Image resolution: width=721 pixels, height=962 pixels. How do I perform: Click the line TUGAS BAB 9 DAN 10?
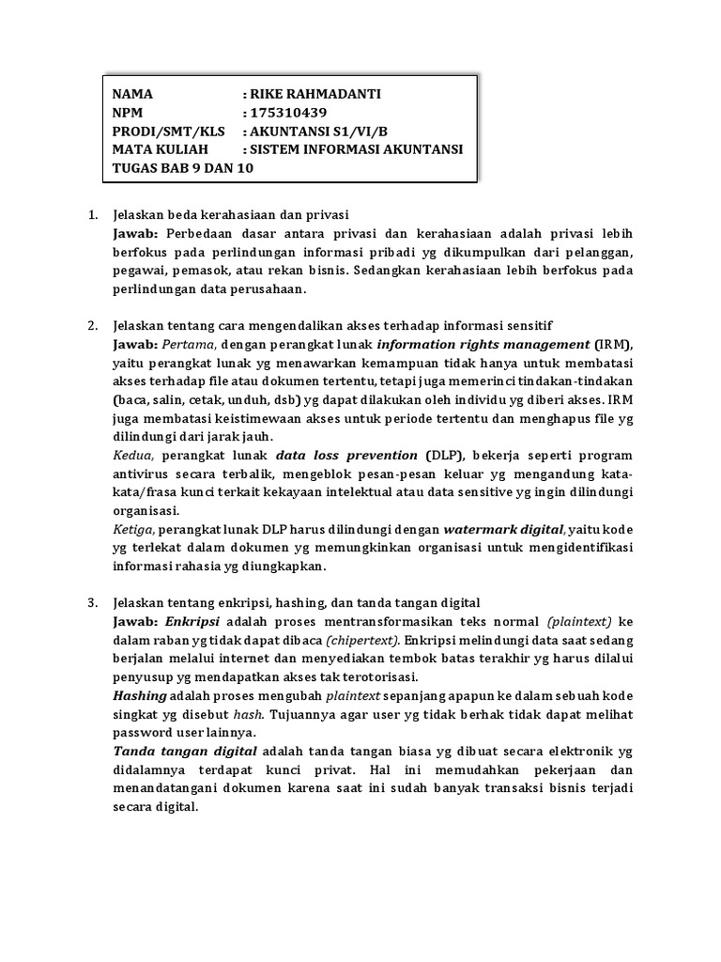click(x=182, y=167)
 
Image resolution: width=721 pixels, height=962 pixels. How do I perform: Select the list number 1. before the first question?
click(x=93, y=215)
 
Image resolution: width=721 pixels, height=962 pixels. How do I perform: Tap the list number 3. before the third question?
click(x=93, y=602)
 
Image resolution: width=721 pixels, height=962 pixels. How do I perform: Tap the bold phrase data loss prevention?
click(x=346, y=455)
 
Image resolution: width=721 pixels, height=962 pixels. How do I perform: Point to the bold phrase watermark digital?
click(x=503, y=529)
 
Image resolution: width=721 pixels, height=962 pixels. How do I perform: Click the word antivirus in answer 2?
click(x=144, y=473)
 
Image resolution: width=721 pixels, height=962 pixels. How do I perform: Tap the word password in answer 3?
click(x=143, y=732)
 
